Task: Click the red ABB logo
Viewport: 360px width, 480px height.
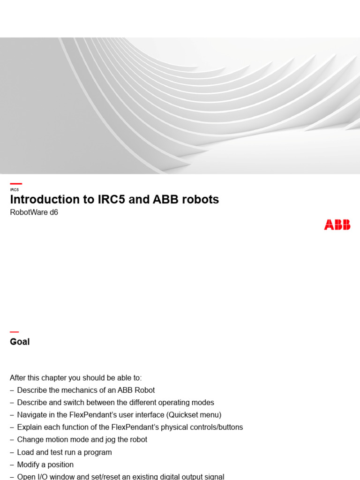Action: coord(337,225)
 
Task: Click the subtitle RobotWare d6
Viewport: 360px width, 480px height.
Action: coord(34,212)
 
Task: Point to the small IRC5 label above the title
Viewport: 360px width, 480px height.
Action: coord(14,190)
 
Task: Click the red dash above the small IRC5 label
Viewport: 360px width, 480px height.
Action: coord(16,184)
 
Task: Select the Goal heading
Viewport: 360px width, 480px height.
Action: coord(20,342)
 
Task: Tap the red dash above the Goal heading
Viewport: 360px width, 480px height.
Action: coord(14,332)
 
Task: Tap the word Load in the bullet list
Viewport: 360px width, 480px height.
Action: coord(25,452)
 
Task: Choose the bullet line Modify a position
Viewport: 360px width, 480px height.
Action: coord(45,465)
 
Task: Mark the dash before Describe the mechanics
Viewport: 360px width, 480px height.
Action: coord(12,390)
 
